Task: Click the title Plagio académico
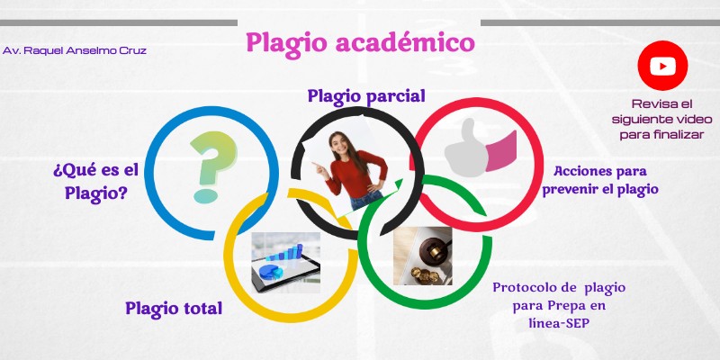point(360,41)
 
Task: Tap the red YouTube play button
point(662,66)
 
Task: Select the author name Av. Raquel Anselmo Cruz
point(75,50)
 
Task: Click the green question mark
point(206,166)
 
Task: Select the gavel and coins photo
point(423,256)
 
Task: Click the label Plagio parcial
point(365,95)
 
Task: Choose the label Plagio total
point(174,309)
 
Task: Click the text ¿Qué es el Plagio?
point(95,180)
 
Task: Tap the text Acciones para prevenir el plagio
point(600,180)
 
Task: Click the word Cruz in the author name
point(130,50)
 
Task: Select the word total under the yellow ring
point(200,309)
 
